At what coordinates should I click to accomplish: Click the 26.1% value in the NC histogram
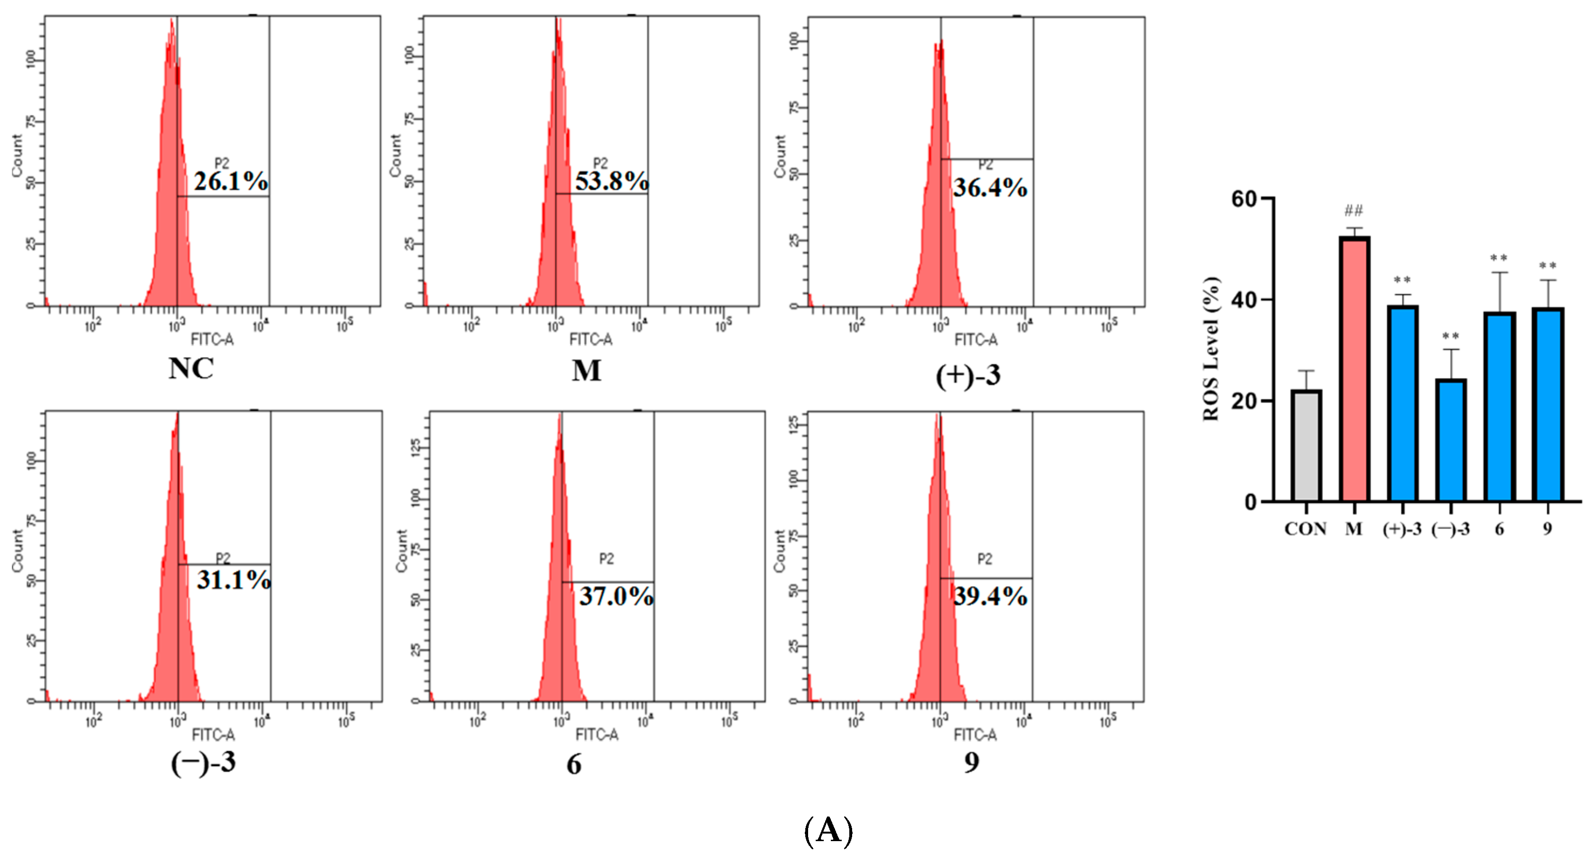click(x=231, y=181)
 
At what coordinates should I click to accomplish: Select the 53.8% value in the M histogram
click(x=611, y=181)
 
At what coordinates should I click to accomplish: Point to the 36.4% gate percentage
click(x=989, y=188)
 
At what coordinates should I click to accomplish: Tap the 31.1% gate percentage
click(x=233, y=580)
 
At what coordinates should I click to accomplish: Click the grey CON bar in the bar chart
click(x=1306, y=445)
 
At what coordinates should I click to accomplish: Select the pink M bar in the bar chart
click(x=1354, y=369)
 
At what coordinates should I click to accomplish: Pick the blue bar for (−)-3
click(x=1451, y=440)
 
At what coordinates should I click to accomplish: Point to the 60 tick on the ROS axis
click(x=1244, y=199)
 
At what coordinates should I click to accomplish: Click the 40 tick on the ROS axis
click(x=1244, y=300)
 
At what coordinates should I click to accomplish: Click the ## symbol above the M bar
click(x=1353, y=211)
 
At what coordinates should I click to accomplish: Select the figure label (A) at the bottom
click(x=828, y=831)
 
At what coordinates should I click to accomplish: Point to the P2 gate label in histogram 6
click(x=607, y=559)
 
